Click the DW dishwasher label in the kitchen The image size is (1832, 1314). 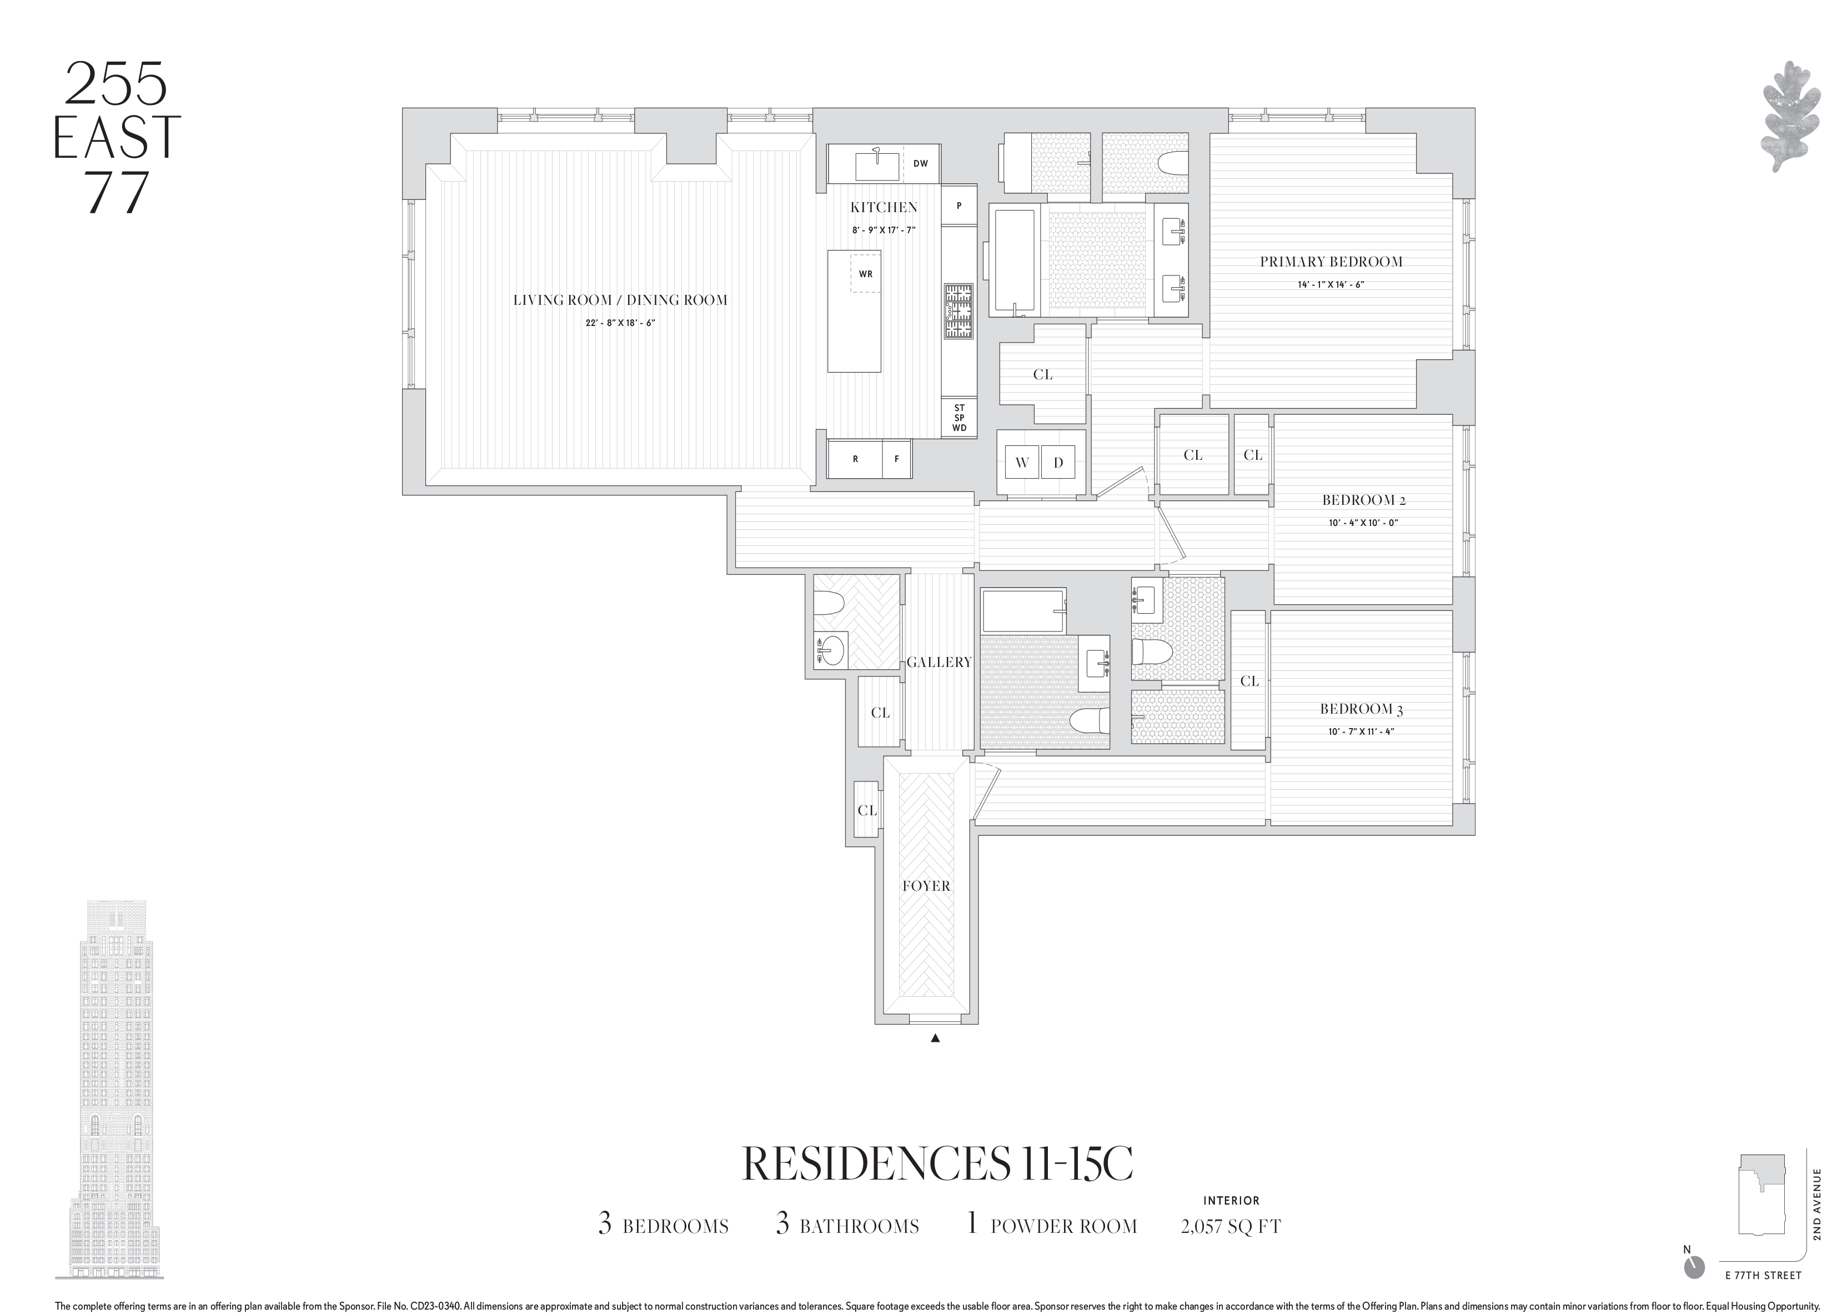[x=920, y=163]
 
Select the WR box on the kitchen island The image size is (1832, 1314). [x=865, y=274]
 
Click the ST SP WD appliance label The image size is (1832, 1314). [x=959, y=418]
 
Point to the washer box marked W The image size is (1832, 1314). [x=1022, y=463]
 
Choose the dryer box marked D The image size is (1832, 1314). [x=1058, y=463]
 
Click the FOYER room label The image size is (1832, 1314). [x=926, y=886]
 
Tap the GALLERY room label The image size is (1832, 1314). [x=938, y=662]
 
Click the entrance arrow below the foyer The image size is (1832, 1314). [x=935, y=1039]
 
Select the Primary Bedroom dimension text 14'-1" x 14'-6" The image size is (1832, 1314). [x=1331, y=284]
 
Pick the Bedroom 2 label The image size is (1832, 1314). [x=1363, y=500]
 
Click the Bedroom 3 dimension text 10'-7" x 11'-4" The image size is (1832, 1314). [x=1362, y=732]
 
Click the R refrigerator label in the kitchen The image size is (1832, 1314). [x=855, y=459]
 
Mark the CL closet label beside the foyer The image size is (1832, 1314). [x=867, y=810]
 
